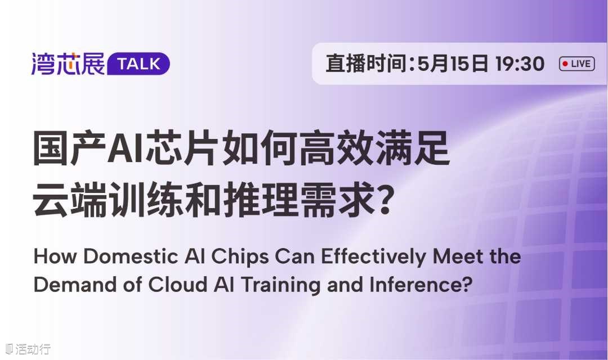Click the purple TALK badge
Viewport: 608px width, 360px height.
(138, 64)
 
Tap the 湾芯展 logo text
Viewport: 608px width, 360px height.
(68, 64)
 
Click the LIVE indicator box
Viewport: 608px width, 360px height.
(576, 64)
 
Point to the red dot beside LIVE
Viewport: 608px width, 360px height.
(565, 64)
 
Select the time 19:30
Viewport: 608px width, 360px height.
(520, 64)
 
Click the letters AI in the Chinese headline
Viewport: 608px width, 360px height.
(126, 149)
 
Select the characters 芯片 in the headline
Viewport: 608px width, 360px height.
(181, 149)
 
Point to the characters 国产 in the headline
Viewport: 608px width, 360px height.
(69, 149)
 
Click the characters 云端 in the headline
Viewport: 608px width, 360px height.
(69, 200)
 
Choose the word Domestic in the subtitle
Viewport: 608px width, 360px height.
(131, 256)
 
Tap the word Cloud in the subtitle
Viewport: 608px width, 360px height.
(177, 285)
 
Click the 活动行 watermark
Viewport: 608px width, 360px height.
(28, 349)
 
